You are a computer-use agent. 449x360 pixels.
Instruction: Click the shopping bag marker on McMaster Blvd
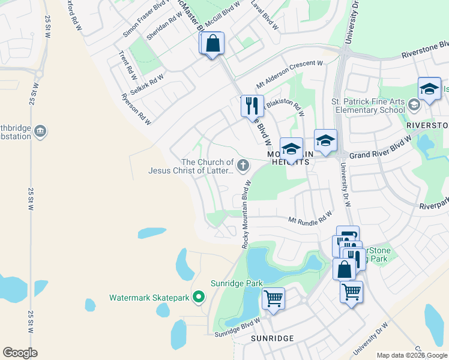pyautogui.click(x=212, y=43)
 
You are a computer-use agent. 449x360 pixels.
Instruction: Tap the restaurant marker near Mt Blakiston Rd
pyautogui.click(x=252, y=106)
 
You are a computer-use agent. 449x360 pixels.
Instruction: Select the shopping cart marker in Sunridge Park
pyautogui.click(x=274, y=298)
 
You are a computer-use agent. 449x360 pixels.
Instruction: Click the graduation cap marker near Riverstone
pyautogui.click(x=429, y=89)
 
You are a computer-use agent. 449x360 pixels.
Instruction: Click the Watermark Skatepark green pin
pyautogui.click(x=200, y=297)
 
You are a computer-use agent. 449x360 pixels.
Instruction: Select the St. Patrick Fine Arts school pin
pyautogui.click(x=414, y=105)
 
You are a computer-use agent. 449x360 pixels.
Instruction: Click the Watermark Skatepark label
pyautogui.click(x=149, y=297)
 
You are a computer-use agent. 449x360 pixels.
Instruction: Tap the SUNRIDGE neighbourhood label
pyautogui.click(x=272, y=338)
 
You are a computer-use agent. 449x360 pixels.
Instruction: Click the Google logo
pyautogui.click(x=20, y=353)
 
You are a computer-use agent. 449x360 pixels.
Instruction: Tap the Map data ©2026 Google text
pyautogui.click(x=412, y=355)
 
